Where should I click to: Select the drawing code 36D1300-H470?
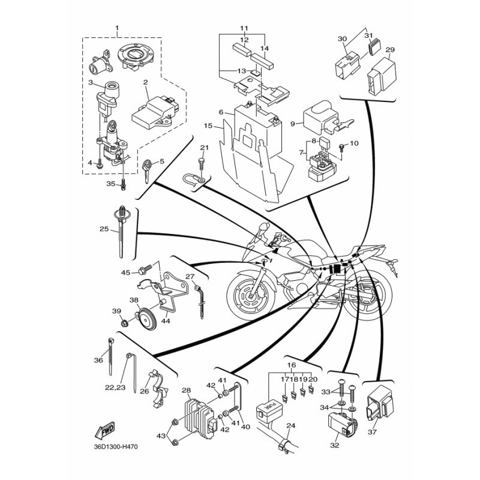click(x=116, y=447)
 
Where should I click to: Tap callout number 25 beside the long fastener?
click(x=104, y=229)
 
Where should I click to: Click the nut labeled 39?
click(x=124, y=322)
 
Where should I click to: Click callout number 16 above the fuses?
click(x=292, y=365)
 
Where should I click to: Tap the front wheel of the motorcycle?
click(x=251, y=295)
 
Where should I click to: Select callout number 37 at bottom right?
click(x=372, y=432)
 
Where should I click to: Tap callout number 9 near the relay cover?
click(x=292, y=124)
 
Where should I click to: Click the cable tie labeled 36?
click(x=110, y=356)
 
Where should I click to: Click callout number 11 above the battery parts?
click(x=244, y=28)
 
